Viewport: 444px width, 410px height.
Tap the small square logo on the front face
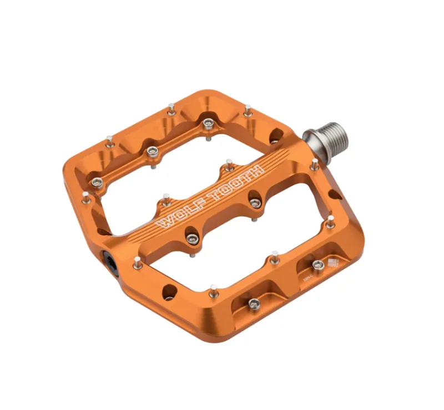(x=333, y=263)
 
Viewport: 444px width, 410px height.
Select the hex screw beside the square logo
(x=317, y=265)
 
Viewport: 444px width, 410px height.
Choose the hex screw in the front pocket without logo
(x=254, y=303)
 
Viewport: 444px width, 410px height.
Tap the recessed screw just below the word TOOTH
(x=255, y=203)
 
